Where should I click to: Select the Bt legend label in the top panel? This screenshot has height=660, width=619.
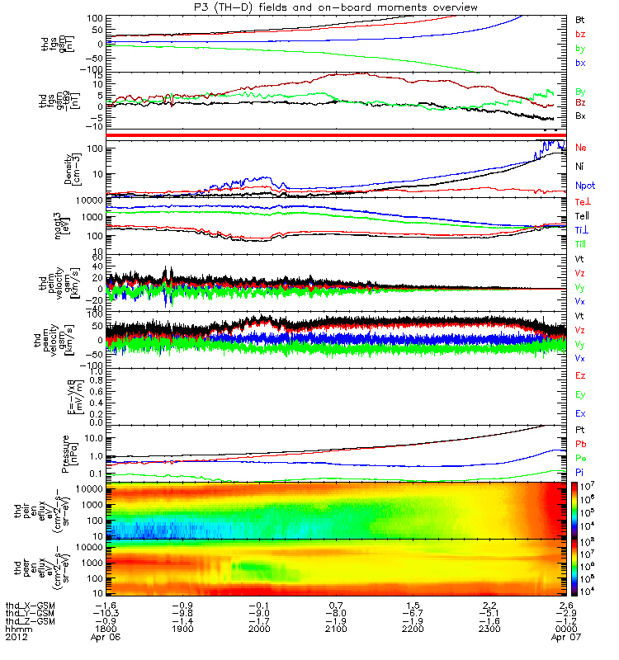coord(580,18)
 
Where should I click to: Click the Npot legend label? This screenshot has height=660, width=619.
coord(584,185)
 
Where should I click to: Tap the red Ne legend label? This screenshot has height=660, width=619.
coord(580,148)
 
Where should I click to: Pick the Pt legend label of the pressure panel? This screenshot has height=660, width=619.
coord(580,431)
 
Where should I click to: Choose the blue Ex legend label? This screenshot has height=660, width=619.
coord(580,412)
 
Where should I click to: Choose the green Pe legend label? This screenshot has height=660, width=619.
coord(580,459)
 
